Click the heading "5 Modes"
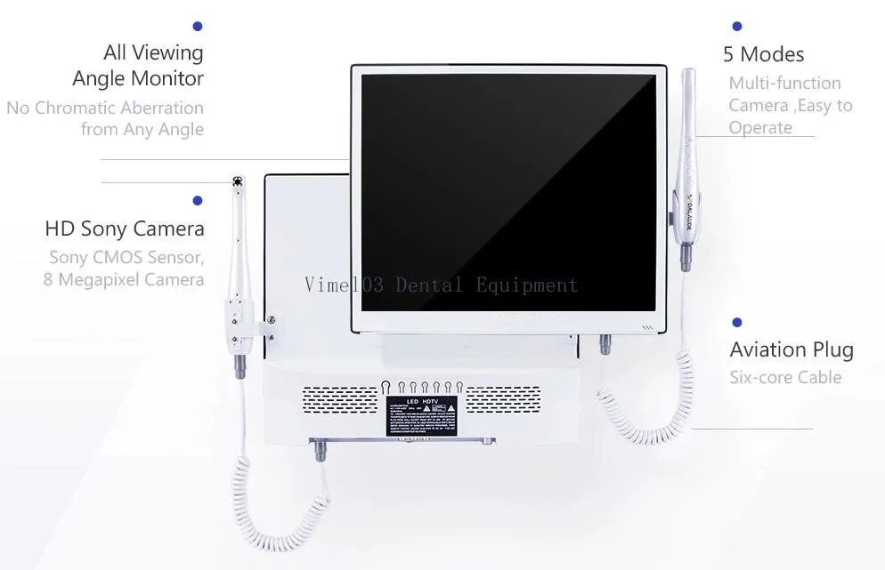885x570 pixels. pos(763,54)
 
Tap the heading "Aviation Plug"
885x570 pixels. pos(791,349)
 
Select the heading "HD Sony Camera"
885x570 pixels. pos(124,229)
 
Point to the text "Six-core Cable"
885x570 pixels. pos(785,377)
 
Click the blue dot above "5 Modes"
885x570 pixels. pos(736,27)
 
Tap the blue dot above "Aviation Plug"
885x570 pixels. pos(736,322)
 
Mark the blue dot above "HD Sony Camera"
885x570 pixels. pos(197,201)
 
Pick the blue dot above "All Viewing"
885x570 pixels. pos(197,27)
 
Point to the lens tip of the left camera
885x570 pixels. pos(238,182)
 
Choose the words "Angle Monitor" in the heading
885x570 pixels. pos(138,78)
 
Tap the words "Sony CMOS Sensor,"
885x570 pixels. pos(126,258)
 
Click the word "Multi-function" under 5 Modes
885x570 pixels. pos(784,83)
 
